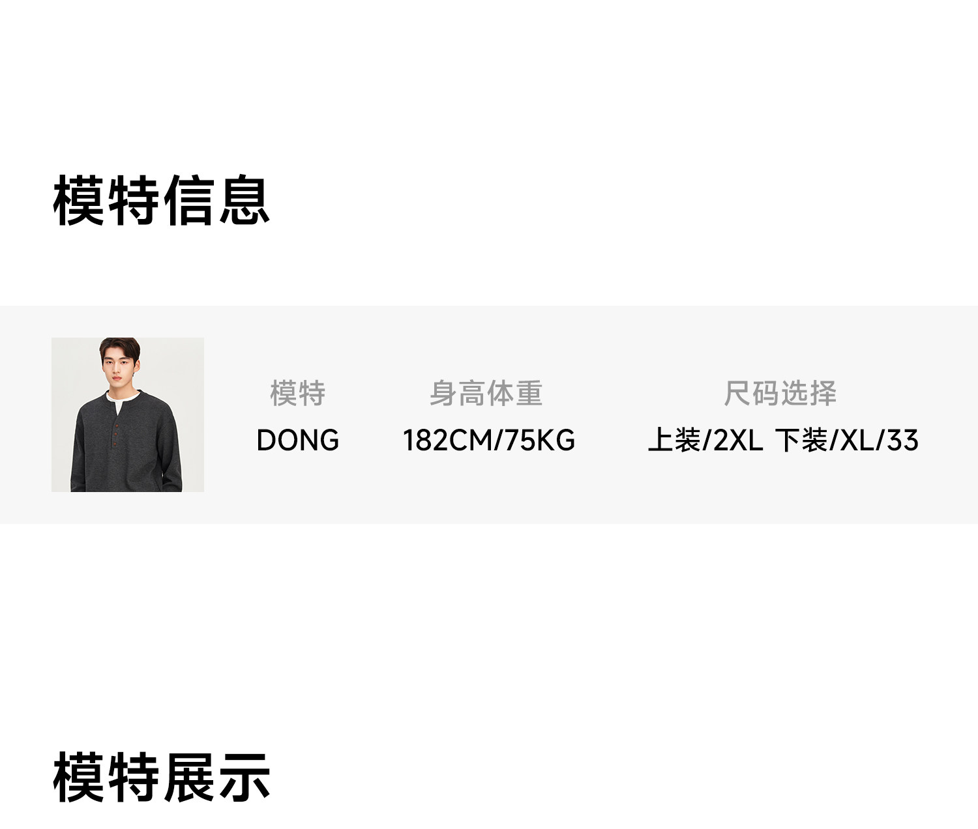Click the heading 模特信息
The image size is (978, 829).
(x=161, y=201)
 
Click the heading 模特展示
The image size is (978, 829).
(x=161, y=777)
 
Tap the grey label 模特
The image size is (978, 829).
(x=297, y=393)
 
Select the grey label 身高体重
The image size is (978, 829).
(x=486, y=393)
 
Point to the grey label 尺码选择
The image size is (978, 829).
(x=780, y=393)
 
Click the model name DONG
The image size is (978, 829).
(x=297, y=441)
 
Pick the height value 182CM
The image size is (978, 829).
(x=448, y=441)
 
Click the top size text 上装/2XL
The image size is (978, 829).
(x=705, y=441)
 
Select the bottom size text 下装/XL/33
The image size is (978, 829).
(x=846, y=441)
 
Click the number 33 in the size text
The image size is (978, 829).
(x=903, y=441)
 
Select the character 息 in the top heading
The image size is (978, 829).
(x=244, y=201)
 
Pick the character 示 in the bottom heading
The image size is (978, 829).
(x=244, y=777)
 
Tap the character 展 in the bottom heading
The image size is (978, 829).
(x=189, y=777)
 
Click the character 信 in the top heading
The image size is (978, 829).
(x=189, y=201)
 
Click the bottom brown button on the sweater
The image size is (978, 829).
(x=115, y=444)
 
